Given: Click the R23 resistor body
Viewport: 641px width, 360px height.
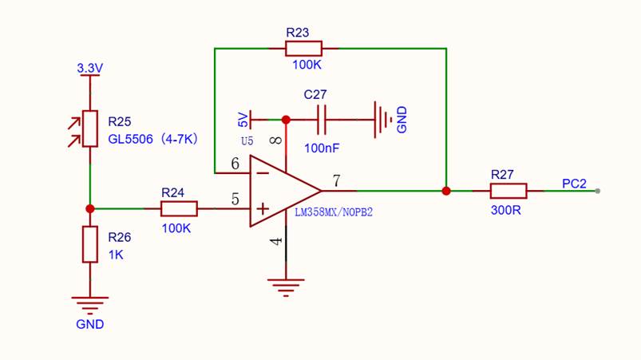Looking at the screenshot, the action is point(304,48).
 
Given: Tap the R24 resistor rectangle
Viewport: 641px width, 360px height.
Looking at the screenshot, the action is point(179,208).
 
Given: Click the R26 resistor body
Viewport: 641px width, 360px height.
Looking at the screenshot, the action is point(90,244).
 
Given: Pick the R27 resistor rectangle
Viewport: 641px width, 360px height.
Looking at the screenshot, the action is point(508,191).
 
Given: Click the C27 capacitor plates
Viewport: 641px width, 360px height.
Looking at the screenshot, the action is point(322,120).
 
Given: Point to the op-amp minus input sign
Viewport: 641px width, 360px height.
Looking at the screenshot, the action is point(263,174).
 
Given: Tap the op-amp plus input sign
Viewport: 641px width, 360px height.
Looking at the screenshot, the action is point(263,209).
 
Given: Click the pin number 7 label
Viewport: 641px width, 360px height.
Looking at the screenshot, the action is point(336,180).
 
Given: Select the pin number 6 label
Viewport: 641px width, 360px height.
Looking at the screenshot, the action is point(235,164).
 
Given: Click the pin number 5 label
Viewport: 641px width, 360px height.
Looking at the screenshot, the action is point(235,199).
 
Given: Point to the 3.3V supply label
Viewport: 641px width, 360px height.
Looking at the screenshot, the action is point(90,68).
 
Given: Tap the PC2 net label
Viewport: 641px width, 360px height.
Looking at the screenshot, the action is point(575,184).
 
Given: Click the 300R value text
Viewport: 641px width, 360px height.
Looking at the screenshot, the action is point(505,210).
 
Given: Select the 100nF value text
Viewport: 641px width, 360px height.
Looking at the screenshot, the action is point(322,148).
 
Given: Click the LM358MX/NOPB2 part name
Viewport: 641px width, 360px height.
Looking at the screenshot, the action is point(334,212).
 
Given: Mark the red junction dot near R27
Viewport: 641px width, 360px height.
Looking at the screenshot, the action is point(446,191).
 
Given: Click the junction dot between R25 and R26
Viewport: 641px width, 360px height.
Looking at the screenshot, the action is point(90,209).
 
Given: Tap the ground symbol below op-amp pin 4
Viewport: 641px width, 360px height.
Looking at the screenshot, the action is point(286,287).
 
